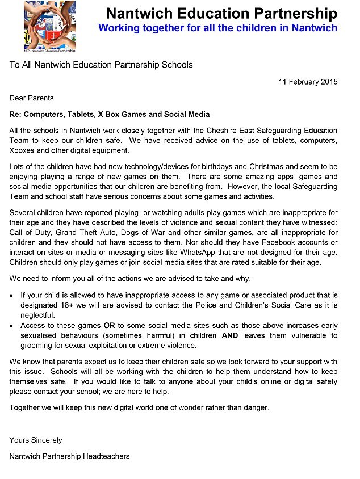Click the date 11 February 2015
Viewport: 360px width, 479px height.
point(308,81)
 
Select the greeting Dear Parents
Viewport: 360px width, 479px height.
point(32,98)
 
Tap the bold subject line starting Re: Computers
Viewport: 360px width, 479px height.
point(110,114)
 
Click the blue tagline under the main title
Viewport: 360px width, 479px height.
point(217,27)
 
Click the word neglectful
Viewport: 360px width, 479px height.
point(38,315)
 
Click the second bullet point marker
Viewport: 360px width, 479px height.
point(12,326)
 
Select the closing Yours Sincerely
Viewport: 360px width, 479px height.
point(36,440)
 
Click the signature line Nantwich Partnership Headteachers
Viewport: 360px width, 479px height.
point(69,456)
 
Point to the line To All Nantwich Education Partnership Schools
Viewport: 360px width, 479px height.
point(101,65)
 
